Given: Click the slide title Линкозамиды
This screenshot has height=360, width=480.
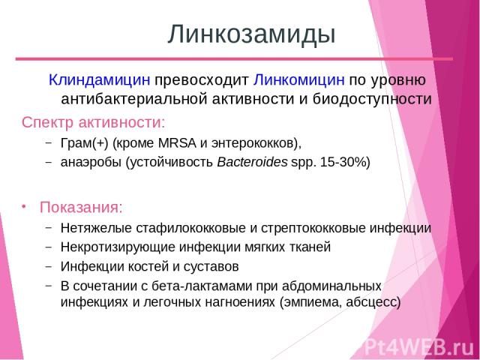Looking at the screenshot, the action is (252, 34).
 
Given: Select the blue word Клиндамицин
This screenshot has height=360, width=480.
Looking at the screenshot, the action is (100, 80).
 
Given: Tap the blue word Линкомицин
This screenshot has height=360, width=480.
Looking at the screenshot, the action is (298, 80).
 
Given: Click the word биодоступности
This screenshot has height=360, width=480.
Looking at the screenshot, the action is (372, 99).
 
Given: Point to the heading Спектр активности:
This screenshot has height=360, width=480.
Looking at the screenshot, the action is (93, 123).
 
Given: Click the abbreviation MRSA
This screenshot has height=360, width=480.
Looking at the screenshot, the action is (177, 143).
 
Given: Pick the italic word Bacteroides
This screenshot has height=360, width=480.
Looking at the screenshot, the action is (252, 162).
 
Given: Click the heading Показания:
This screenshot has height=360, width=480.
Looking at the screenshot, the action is (81, 207).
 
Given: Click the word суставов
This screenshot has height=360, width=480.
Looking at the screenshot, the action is (211, 267).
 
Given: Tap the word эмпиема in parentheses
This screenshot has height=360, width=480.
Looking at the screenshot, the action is (313, 302).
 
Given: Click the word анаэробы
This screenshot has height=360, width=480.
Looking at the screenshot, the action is (91, 162).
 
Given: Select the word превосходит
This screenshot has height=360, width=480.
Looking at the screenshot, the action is (202, 80).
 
